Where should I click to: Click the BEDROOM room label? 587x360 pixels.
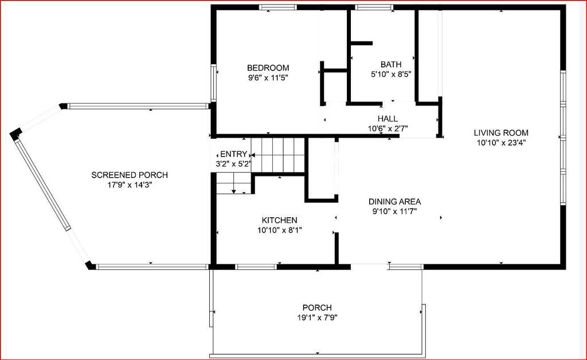tap(268, 68)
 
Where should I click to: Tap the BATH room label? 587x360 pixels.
tap(391, 64)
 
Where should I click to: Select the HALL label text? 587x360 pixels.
tap(388, 119)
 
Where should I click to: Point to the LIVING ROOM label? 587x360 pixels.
tap(501, 132)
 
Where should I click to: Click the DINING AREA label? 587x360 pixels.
tap(394, 201)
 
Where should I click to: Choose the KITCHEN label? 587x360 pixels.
tap(279, 220)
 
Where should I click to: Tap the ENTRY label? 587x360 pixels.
tap(234, 154)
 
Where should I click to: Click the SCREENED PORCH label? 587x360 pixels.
tap(130, 175)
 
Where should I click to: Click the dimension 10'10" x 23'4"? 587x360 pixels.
tap(501, 143)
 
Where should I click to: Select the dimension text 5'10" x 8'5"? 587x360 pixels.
tap(391, 75)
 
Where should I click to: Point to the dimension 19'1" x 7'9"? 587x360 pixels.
tap(317, 318)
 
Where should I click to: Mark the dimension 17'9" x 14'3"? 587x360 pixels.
tap(130, 185)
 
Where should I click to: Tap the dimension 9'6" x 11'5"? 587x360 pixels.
tap(268, 78)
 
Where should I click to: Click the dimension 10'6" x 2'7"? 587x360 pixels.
tap(388, 129)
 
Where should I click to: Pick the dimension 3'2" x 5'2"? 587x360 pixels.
tap(233, 163)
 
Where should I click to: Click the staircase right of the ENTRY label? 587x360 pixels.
tap(277, 155)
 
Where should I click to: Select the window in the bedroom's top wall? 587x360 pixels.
tap(278, 7)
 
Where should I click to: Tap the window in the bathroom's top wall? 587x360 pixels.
tap(374, 7)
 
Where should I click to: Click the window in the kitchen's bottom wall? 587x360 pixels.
tap(256, 267)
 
